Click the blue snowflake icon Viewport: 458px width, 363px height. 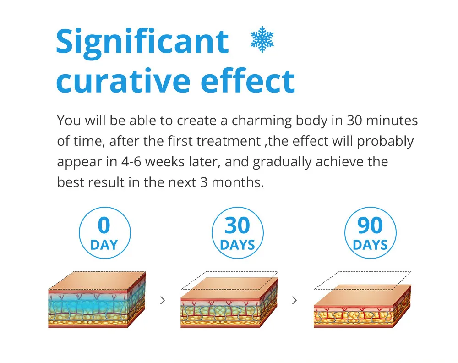pos(262,39)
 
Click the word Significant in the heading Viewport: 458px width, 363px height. pos(142,43)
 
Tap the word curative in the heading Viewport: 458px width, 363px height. pos(123,81)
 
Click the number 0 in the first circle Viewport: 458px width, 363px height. pos(104,225)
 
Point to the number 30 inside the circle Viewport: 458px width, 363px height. pos(237,225)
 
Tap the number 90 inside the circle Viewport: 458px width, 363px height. pos(370,225)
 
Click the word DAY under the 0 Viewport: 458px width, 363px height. pos(104,245)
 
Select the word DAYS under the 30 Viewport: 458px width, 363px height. pos(237,245)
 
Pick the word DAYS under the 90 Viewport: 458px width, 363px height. pos(371,245)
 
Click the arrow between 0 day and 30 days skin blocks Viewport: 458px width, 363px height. pos(163,300)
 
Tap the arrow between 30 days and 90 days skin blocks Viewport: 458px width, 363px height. pos(294,300)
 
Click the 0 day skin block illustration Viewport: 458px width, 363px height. pos(97,300)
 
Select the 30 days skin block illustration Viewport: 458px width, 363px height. pos(229,302)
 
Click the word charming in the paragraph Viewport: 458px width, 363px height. pos(262,121)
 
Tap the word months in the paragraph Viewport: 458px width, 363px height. pos(237,182)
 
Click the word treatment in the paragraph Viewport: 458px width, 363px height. pos(228,142)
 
